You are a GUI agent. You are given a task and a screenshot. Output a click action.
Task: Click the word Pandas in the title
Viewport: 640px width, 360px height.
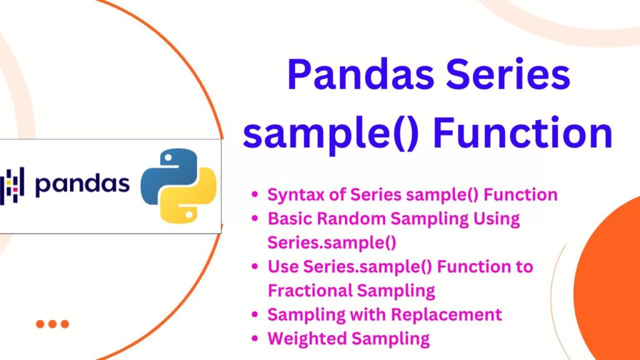[361, 74]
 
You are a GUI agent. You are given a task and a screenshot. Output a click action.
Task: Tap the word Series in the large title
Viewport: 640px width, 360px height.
[507, 74]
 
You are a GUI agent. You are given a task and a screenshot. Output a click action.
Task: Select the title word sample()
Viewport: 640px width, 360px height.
[331, 133]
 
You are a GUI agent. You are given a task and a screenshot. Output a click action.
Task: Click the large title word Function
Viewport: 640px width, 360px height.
[522, 133]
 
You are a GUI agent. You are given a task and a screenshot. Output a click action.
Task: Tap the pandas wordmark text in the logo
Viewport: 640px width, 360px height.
[82, 185]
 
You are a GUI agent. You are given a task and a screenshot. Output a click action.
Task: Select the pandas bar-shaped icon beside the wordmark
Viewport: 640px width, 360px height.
[12, 185]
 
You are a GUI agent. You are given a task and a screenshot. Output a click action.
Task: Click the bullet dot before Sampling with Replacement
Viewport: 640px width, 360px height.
[255, 315]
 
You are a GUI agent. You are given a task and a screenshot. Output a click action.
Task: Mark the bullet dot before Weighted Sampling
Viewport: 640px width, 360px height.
[255, 338]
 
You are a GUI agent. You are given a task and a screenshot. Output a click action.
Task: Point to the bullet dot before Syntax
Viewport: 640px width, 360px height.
[255, 194]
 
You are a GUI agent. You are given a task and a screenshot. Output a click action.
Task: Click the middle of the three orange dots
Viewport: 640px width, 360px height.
[52, 324]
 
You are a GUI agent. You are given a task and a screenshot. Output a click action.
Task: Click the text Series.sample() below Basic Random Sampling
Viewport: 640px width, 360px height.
[332, 243]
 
